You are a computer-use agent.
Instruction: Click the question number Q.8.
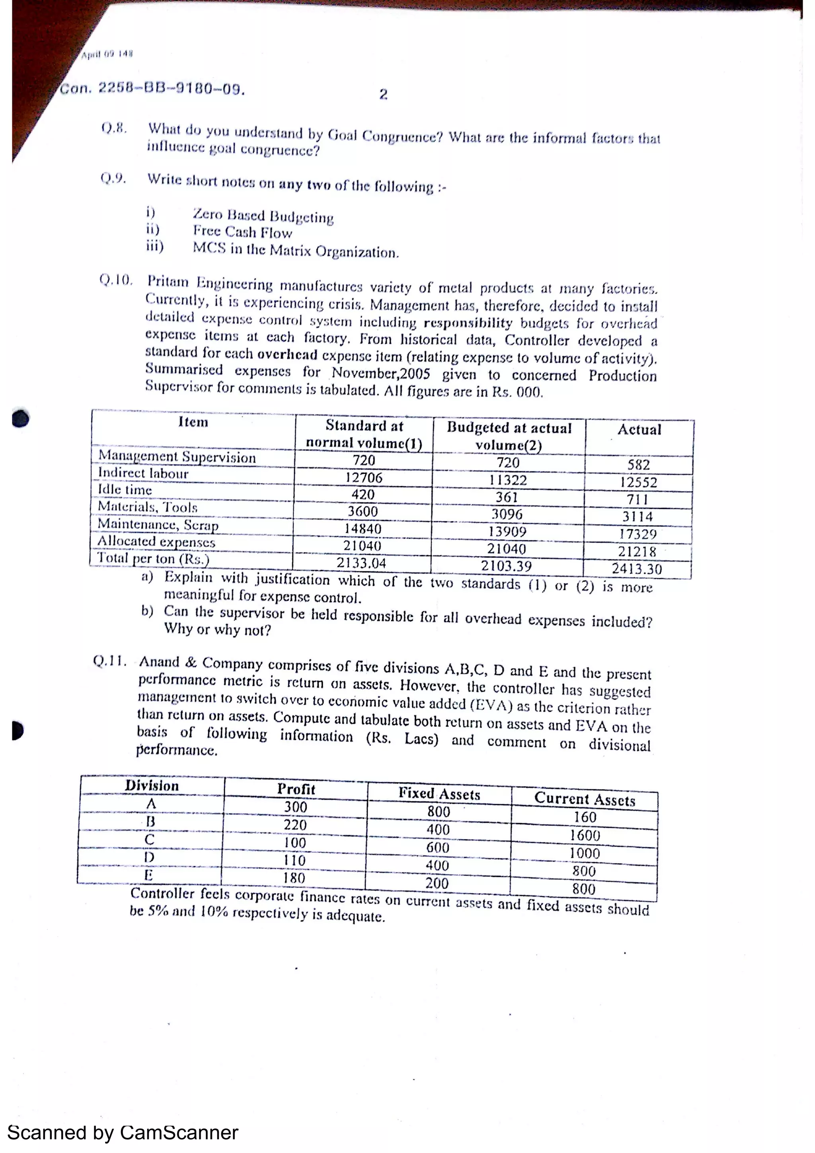point(113,128)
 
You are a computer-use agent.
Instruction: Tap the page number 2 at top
point(383,94)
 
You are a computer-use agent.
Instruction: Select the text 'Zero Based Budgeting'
point(263,216)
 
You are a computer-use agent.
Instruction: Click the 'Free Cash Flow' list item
point(242,232)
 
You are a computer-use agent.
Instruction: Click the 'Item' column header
point(193,423)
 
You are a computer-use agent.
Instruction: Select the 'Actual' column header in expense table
point(639,430)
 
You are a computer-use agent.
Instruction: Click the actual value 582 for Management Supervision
point(638,465)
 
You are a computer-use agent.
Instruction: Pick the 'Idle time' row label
point(125,490)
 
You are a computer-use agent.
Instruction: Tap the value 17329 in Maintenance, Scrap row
point(638,534)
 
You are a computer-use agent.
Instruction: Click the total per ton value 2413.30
point(637,569)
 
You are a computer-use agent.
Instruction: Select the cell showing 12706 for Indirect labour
point(364,477)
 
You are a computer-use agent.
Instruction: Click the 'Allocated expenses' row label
point(156,542)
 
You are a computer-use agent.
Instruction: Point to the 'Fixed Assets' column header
point(439,793)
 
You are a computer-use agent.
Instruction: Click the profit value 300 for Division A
point(295,807)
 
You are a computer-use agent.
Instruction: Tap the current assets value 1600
point(585,835)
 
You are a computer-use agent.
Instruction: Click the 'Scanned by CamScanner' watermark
point(123,1133)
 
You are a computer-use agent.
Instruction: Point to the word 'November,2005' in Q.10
point(380,374)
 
